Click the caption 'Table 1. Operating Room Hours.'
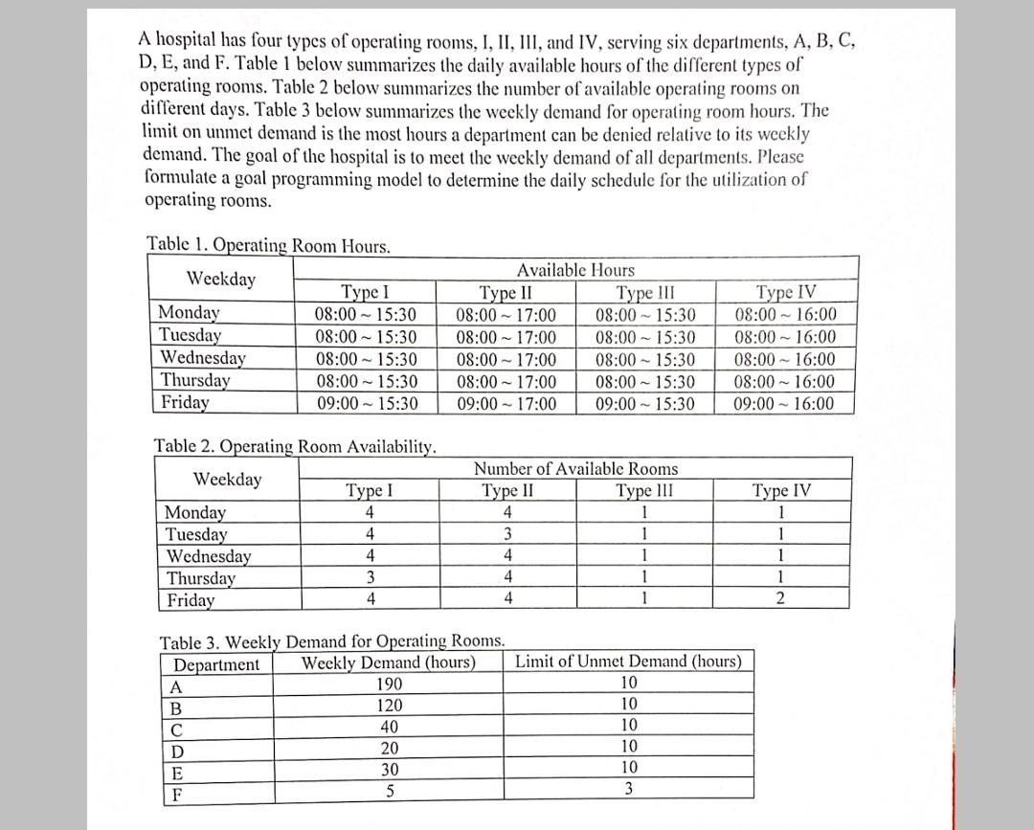pyautogui.click(x=268, y=245)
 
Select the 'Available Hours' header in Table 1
pyautogui.click(x=575, y=270)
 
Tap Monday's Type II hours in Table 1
pyautogui.click(x=506, y=314)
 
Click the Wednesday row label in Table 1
pyautogui.click(x=202, y=358)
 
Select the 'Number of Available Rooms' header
pyautogui.click(x=575, y=469)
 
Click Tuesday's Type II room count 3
pyautogui.click(x=507, y=534)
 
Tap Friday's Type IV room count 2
pyautogui.click(x=781, y=599)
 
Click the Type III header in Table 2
pyautogui.click(x=644, y=491)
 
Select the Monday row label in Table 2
pyautogui.click(x=195, y=512)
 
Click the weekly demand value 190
pyautogui.click(x=389, y=684)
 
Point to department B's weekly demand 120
pyautogui.click(x=389, y=706)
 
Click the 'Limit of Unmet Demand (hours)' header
pyautogui.click(x=628, y=662)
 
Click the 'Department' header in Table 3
pyautogui.click(x=216, y=664)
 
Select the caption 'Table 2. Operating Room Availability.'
pyautogui.click(x=296, y=445)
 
